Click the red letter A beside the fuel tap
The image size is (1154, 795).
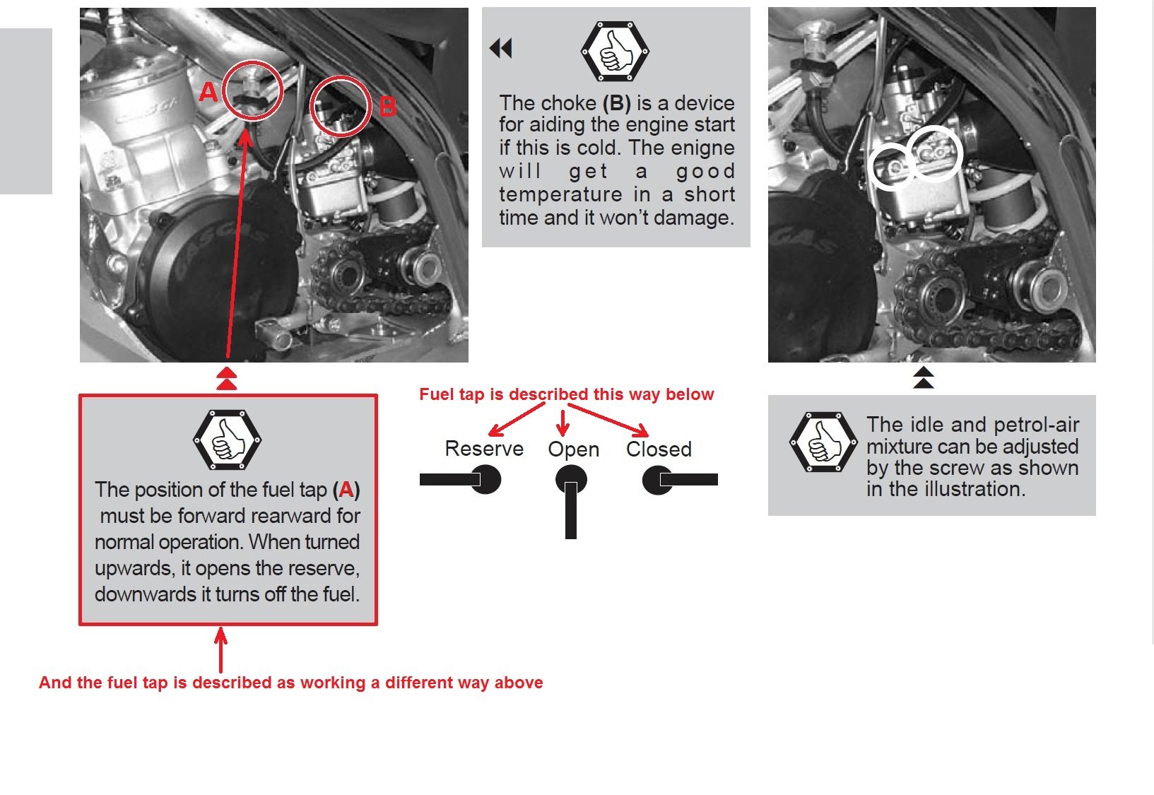[208, 91]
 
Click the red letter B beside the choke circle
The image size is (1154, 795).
[387, 107]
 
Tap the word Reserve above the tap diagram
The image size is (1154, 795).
[484, 449]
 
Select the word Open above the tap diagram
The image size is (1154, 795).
[573, 449]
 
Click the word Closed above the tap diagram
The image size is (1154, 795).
[659, 449]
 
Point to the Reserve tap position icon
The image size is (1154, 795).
[461, 480]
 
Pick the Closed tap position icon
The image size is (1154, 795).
[679, 480]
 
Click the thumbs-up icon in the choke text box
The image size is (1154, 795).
[615, 52]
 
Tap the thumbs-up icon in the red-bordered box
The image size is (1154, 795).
[228, 440]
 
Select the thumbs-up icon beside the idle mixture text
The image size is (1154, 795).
[823, 443]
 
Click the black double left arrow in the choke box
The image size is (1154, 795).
[501, 48]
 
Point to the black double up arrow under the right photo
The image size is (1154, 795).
[923, 377]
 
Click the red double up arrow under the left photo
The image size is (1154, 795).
[226, 378]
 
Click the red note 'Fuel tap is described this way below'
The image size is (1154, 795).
[566, 394]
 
